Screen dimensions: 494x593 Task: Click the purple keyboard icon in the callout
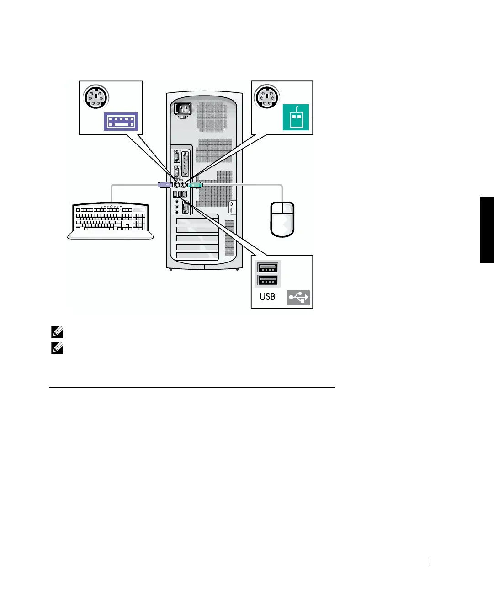pos(121,121)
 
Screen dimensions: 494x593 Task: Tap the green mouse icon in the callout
pos(296,117)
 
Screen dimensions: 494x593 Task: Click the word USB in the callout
pos(267,296)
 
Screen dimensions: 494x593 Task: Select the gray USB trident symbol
pos(298,298)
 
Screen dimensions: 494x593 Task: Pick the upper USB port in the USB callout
pos(268,268)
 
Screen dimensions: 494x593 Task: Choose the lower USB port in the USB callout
pos(268,280)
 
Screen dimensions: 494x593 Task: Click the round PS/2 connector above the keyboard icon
pos(95,97)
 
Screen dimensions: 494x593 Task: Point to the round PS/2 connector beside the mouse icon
pos(266,97)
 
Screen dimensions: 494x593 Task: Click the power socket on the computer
pos(183,110)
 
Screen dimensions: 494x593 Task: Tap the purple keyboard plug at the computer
pos(165,185)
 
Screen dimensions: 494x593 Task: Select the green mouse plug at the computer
pos(194,185)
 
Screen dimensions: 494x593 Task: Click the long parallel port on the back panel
pos(186,164)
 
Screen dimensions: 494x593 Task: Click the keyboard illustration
pos(111,221)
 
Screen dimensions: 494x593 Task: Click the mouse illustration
pos(282,219)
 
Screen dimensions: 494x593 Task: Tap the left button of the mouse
pos(277,208)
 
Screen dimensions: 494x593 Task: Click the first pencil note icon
pos(58,332)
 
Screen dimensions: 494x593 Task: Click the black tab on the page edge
pos(487,230)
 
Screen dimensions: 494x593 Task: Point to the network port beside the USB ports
pos(184,194)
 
